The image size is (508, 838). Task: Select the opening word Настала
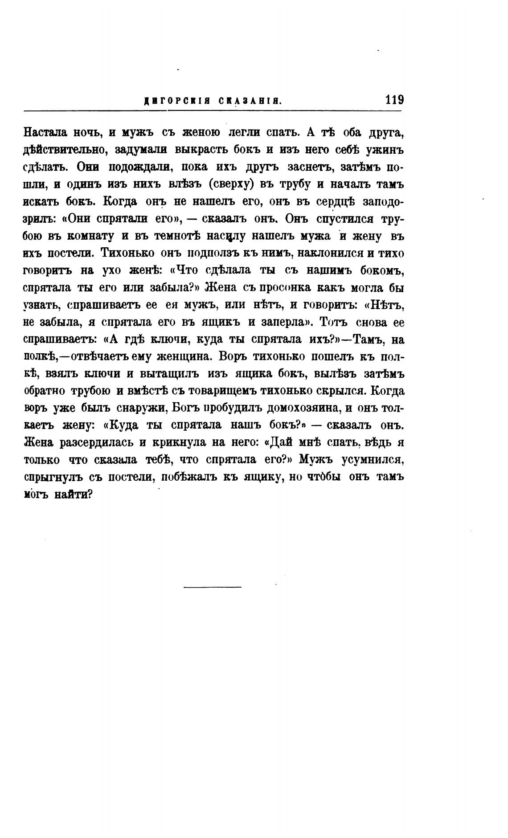tap(45, 132)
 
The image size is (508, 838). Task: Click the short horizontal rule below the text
tap(212, 587)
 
